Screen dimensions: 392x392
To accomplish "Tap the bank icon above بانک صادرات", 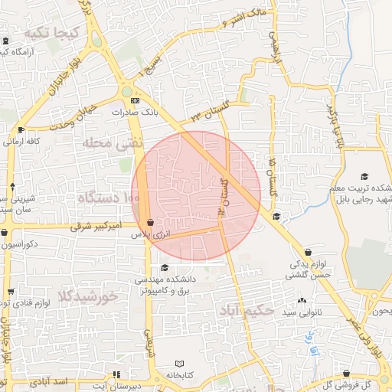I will point(136,100).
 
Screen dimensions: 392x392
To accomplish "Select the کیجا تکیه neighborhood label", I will point(52,33).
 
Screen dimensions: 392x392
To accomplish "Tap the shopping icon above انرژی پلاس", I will point(151,222).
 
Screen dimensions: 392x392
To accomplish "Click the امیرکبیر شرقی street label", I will point(96,227).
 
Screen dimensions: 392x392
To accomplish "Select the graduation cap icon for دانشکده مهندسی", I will point(165,267).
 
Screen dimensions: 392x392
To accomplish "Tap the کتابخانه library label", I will point(181,376).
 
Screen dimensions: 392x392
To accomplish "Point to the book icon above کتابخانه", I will point(181,364).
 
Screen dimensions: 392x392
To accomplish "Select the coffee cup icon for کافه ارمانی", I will point(21,129).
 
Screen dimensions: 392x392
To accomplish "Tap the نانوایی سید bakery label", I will point(299,312).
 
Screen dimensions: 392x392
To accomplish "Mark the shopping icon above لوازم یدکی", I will point(308,252).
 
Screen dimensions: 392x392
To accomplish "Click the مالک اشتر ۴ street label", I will point(242,17).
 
